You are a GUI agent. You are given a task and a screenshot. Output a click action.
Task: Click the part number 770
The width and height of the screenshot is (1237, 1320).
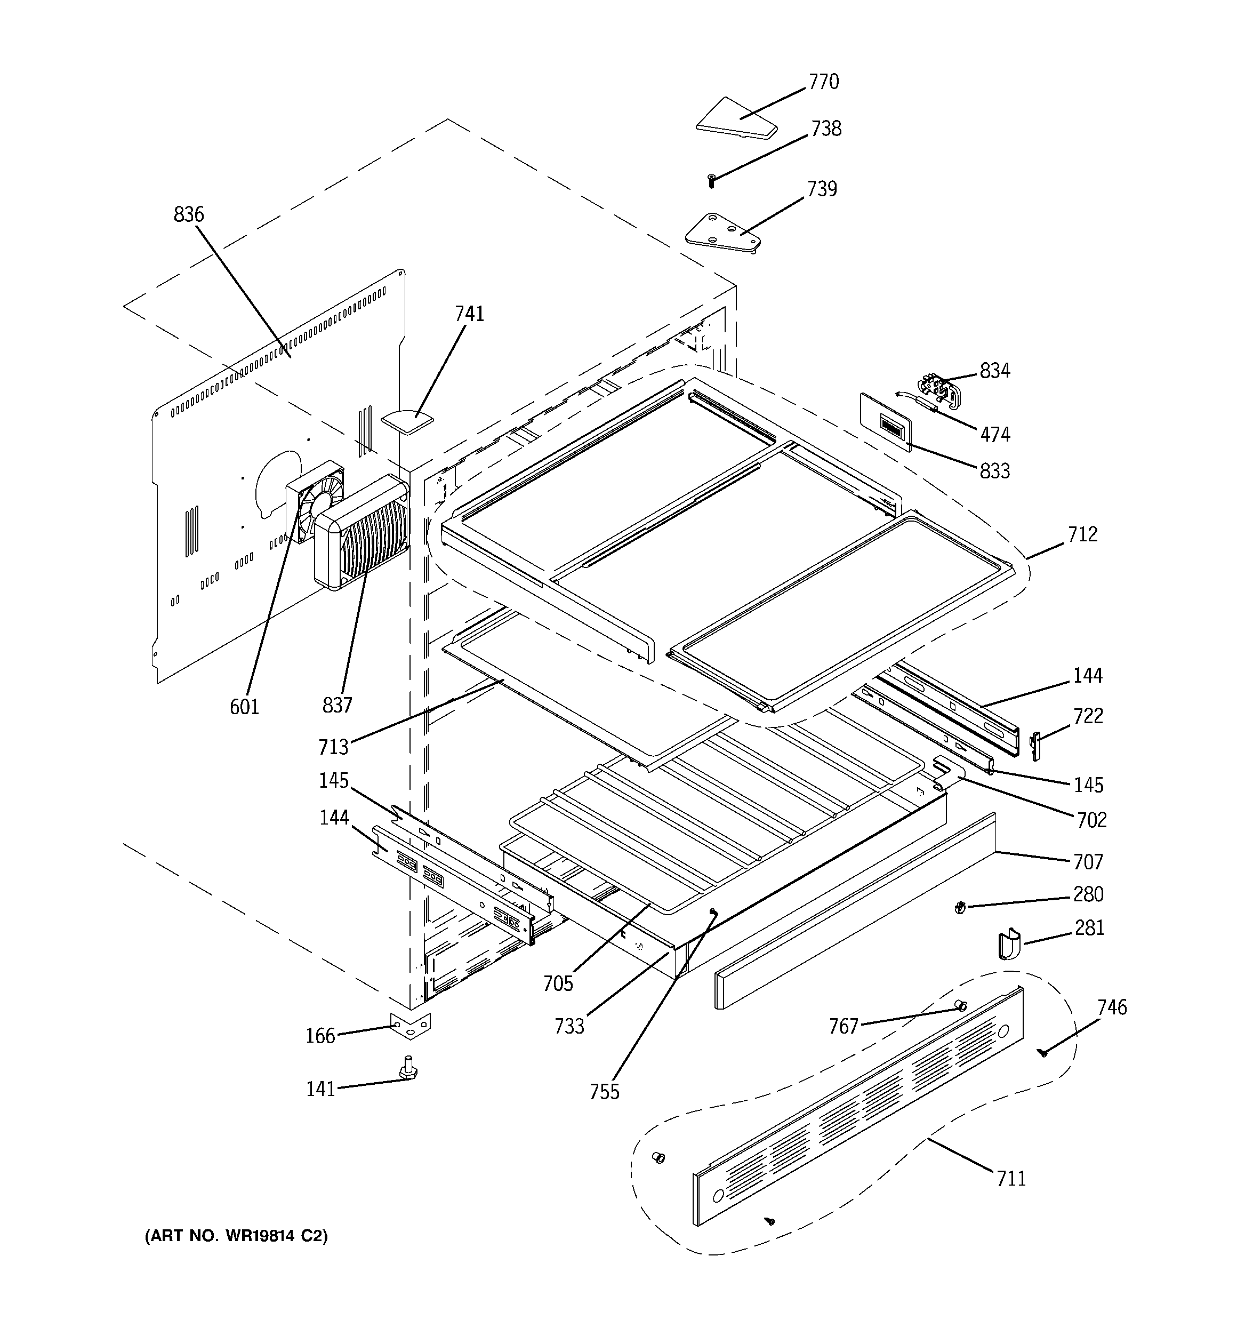[x=823, y=82]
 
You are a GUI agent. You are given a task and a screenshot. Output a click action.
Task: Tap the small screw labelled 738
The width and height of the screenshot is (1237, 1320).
[x=712, y=179]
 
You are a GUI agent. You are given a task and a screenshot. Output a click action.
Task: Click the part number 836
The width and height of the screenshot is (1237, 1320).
[x=189, y=214]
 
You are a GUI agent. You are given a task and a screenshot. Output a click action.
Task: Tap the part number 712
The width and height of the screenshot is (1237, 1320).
[x=1082, y=534]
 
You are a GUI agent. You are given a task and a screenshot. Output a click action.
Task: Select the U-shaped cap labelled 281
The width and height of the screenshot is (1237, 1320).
[x=1009, y=944]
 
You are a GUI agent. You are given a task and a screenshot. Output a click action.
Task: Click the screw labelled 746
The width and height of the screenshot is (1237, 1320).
[x=1044, y=1052]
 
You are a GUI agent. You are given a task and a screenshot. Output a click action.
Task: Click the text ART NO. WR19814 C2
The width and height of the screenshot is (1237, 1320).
[x=236, y=1236]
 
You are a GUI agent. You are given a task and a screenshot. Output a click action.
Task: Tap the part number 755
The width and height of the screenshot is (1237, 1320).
[x=604, y=1092]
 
